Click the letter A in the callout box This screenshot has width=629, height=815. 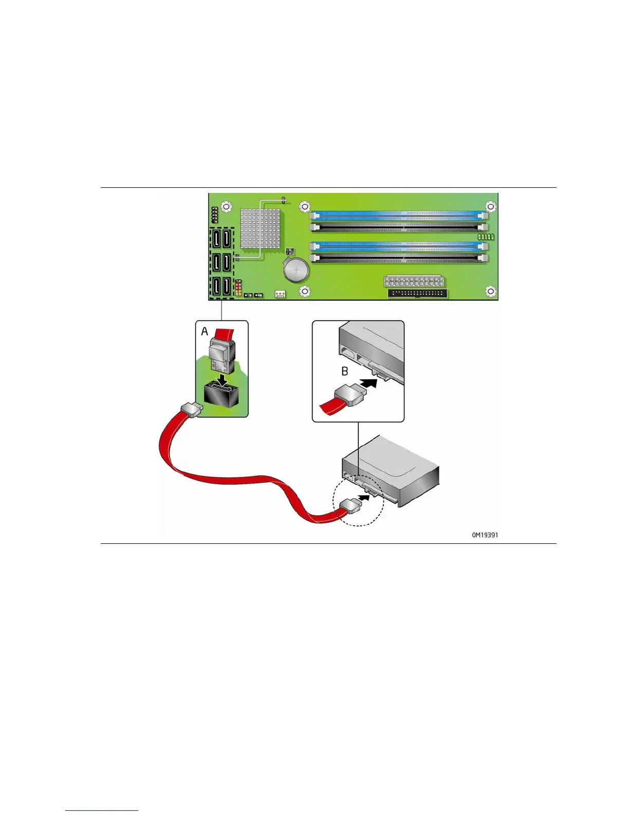[205, 332]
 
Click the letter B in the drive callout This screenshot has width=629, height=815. [345, 371]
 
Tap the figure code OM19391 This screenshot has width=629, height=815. [485, 535]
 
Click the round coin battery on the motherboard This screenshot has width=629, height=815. [295, 269]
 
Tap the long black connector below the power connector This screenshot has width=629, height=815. [418, 294]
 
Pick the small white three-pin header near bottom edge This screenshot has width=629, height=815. [280, 294]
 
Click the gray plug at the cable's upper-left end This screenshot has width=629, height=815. [192, 410]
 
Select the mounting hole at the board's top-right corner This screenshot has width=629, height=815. [491, 207]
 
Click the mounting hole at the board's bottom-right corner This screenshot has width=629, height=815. [491, 292]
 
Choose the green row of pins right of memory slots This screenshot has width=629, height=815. [486, 237]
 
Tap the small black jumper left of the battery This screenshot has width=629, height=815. [289, 251]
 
